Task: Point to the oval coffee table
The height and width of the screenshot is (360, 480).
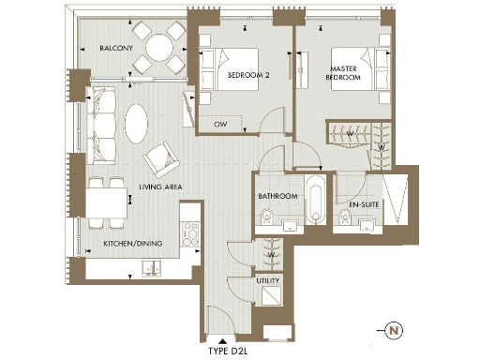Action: point(137,122)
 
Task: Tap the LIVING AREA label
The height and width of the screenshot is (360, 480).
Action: point(160,187)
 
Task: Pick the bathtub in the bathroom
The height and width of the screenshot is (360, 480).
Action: point(316,200)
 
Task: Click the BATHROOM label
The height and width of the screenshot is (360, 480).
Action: point(278,197)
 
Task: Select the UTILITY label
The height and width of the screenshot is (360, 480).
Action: point(268,280)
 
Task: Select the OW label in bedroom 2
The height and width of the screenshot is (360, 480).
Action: point(221,123)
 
